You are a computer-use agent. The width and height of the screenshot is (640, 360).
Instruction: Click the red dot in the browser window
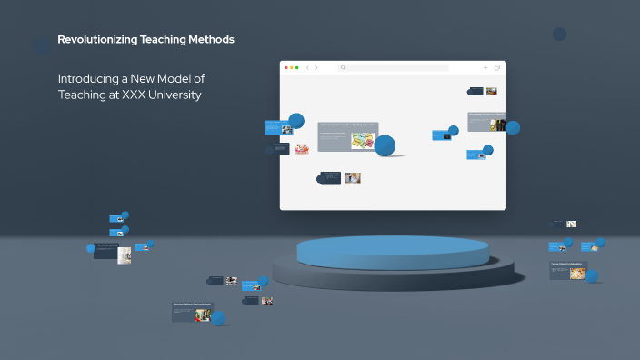pyautogui.click(x=286, y=68)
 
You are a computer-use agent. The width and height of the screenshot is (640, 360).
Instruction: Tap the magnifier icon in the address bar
pyautogui.click(x=343, y=68)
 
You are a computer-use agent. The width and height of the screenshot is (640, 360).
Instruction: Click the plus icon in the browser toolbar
pyautogui.click(x=485, y=68)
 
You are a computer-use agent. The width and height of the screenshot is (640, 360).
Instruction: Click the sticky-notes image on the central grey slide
pyautogui.click(x=364, y=141)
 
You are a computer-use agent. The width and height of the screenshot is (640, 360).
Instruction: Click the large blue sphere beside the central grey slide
pyautogui.click(x=385, y=145)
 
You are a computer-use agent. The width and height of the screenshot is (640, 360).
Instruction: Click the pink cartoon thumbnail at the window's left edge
pyautogui.click(x=276, y=149)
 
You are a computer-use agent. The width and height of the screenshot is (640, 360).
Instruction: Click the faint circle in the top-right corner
pyautogui.click(x=560, y=35)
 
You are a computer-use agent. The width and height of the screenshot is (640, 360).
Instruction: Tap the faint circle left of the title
pyautogui.click(x=42, y=43)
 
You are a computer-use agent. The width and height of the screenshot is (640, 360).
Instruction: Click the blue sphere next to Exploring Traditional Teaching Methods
pyautogui.click(x=218, y=317)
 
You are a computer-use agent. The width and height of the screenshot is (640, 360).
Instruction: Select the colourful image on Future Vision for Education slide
pyautogui.click(x=577, y=272)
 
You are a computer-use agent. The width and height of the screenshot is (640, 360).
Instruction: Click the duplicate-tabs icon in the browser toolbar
pyautogui.click(x=497, y=68)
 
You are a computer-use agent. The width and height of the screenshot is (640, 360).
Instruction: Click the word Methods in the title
pyautogui.click(x=211, y=40)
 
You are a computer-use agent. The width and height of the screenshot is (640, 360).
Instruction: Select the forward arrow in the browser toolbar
pyautogui.click(x=316, y=68)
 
